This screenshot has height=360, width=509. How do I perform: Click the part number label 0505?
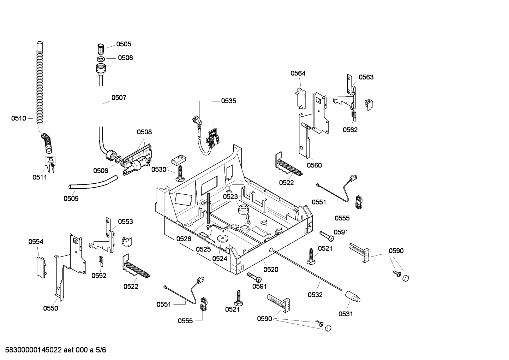(x=124, y=44)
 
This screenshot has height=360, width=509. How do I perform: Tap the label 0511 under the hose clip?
(x=40, y=177)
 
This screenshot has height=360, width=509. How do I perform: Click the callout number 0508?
(x=144, y=132)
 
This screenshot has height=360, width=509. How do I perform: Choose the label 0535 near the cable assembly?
(x=229, y=101)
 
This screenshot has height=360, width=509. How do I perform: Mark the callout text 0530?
(x=159, y=170)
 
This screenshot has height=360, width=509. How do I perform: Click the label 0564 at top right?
(x=298, y=73)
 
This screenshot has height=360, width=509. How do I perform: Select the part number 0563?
(x=366, y=77)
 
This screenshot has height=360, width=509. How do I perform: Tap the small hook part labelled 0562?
(x=353, y=114)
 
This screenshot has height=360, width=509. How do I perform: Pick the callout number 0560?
(x=314, y=165)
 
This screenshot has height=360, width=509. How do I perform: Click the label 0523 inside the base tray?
(x=230, y=196)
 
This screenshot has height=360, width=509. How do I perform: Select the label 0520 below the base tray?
(x=271, y=270)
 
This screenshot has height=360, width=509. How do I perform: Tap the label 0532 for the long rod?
(x=315, y=295)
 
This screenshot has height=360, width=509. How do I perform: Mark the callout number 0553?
(x=125, y=222)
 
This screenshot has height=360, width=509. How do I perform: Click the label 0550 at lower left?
(x=50, y=308)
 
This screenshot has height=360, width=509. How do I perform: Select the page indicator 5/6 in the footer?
(x=101, y=350)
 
